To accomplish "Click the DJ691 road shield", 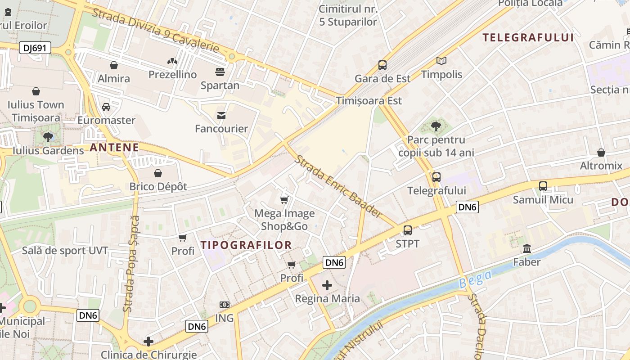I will click(35, 48).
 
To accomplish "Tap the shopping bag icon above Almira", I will click(114, 65).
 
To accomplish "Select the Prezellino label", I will click(173, 74).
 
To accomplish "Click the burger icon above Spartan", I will click(220, 72).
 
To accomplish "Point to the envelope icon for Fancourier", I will click(221, 116).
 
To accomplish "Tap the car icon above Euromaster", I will click(106, 107).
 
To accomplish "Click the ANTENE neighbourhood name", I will click(114, 147).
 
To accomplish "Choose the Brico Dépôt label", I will click(158, 186).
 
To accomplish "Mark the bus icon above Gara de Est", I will click(382, 65).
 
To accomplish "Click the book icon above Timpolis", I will click(441, 61).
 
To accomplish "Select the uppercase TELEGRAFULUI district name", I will click(528, 37).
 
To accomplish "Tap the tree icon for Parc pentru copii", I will click(436, 126).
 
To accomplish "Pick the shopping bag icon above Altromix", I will click(601, 153).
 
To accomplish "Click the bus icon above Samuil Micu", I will click(543, 186).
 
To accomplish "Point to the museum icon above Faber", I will click(527, 248).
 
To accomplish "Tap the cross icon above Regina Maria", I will click(327, 285).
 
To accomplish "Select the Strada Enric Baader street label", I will click(338, 186).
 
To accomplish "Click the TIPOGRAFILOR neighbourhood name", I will click(246, 245).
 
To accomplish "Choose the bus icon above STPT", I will click(408, 230).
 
